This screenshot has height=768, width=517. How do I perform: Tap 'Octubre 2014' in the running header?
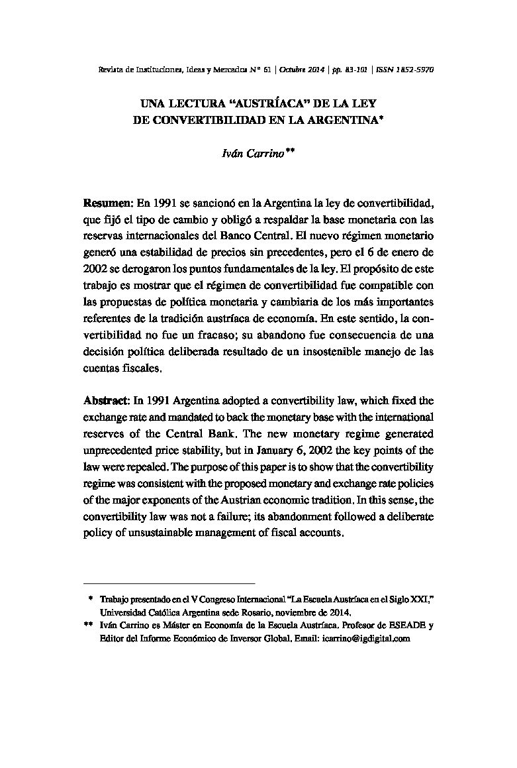tap(305, 69)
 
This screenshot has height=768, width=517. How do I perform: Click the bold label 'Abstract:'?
tap(107, 401)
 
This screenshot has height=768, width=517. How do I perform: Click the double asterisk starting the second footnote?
tap(89, 625)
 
